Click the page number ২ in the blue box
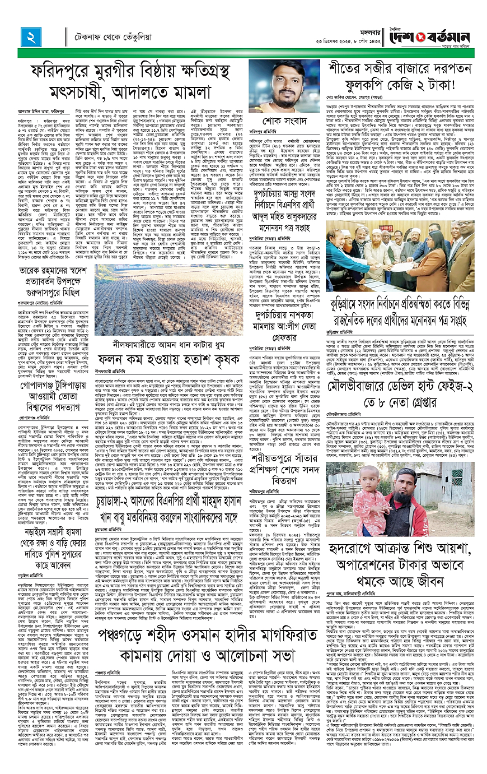click(x=28, y=38)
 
